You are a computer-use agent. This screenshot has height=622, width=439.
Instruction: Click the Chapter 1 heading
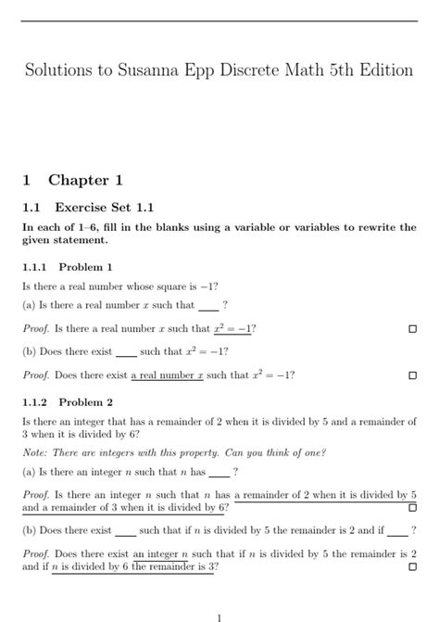[85, 180]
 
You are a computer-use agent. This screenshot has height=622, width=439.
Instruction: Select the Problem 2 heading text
[85, 402]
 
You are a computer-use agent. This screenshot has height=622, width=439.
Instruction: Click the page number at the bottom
[219, 615]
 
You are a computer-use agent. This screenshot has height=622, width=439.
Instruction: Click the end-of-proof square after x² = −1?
[412, 329]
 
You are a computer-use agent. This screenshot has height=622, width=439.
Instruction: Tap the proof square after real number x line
[412, 375]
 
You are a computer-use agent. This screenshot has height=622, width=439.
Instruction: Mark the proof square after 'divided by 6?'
[412, 508]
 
